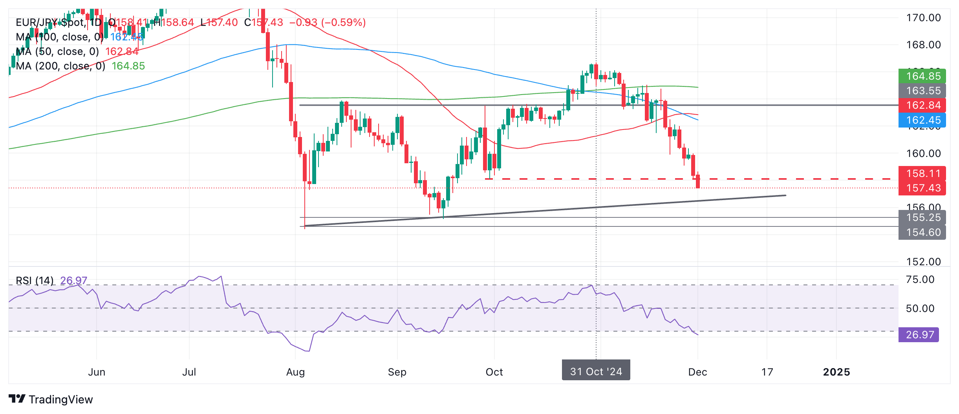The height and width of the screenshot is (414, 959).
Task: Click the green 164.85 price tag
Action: click(x=922, y=76)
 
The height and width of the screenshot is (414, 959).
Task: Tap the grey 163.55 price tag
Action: click(x=922, y=91)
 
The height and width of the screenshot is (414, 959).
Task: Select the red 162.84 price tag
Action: click(x=922, y=105)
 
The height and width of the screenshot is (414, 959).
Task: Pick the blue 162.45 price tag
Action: click(x=922, y=120)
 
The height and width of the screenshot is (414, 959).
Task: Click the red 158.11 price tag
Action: click(x=922, y=173)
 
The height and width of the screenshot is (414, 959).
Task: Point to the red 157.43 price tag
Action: click(x=922, y=188)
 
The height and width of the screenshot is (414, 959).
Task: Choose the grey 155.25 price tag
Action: click(x=922, y=217)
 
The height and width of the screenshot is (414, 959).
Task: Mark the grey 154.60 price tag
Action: click(x=922, y=232)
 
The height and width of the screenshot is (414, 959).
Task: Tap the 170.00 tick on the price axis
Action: click(x=923, y=18)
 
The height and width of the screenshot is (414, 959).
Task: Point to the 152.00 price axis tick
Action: click(x=923, y=262)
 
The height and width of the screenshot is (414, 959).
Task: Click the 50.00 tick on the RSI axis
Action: click(x=920, y=308)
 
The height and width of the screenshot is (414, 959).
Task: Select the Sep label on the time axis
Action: click(x=397, y=372)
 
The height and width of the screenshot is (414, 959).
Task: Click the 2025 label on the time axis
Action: click(x=836, y=372)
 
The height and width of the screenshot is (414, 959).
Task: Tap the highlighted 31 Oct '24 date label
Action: click(x=596, y=371)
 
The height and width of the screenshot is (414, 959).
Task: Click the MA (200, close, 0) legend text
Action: click(x=60, y=66)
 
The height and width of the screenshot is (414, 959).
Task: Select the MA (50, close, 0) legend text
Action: click(x=57, y=51)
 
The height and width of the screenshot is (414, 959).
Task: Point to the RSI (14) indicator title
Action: click(x=35, y=281)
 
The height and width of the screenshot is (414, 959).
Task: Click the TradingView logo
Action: click(x=51, y=399)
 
